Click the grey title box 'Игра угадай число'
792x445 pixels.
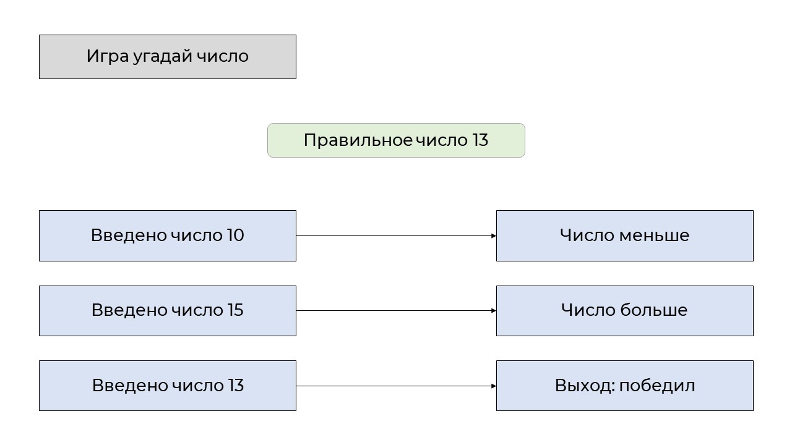point(168,57)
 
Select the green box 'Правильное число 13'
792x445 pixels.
point(396,140)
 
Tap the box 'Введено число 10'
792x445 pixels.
point(168,236)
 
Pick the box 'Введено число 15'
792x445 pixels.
point(168,311)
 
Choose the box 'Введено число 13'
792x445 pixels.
point(168,386)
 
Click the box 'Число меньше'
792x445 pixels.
point(625,236)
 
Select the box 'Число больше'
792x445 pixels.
point(625,311)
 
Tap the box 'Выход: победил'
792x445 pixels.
point(625,386)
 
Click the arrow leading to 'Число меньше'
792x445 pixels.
point(396,236)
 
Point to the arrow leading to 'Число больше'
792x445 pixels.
point(396,311)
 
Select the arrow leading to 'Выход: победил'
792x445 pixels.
point(396,386)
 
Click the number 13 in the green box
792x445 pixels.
point(480,140)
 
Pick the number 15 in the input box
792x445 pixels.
point(235,310)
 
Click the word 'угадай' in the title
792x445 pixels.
point(163,57)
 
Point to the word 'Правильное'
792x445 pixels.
point(358,140)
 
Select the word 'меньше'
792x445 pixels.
point(655,235)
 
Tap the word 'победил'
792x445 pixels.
point(657,385)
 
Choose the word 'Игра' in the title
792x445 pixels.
point(108,56)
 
